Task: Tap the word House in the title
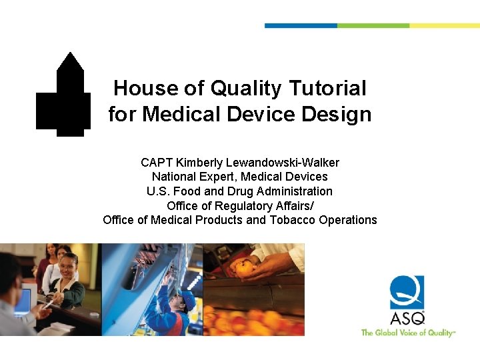click(137, 88)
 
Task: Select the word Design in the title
click(337, 114)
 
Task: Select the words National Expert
click(194, 177)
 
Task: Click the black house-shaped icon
click(64, 97)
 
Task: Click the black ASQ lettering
click(407, 318)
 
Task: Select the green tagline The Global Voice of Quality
click(407, 332)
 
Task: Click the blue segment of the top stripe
click(301, 25)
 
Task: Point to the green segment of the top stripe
click(373, 25)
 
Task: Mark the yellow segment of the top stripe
click(444, 25)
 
